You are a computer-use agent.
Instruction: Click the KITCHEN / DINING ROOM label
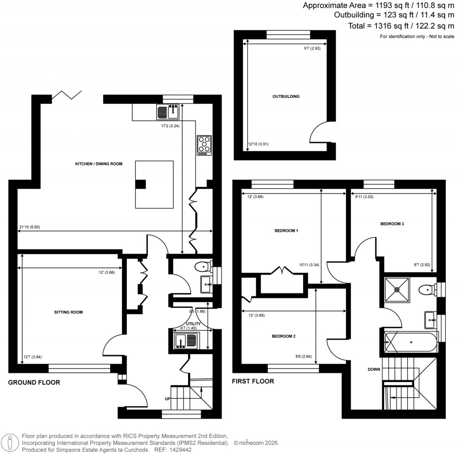tap(98, 164)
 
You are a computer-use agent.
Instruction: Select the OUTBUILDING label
tap(286, 96)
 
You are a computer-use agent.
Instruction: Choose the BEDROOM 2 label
tap(284, 336)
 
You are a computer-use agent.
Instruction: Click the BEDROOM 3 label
tap(392, 224)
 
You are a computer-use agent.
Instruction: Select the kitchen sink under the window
tap(168, 111)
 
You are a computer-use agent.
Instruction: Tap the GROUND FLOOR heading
tap(34, 383)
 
